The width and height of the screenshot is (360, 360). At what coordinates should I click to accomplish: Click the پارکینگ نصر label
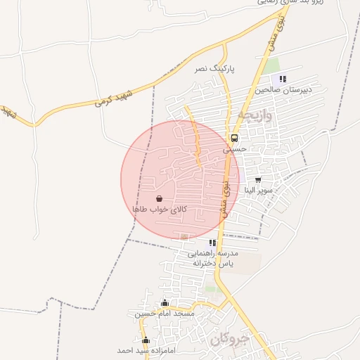[x=212, y=69]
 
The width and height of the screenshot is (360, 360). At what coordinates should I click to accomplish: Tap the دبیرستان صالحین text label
[x=282, y=90]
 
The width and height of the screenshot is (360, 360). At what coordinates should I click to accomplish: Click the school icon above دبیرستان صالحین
[x=283, y=79]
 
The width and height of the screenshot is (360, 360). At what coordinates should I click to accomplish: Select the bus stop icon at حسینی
[x=234, y=138]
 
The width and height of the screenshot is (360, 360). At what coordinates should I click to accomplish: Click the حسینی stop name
[x=236, y=149]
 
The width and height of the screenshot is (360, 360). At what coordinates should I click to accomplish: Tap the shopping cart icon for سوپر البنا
[x=258, y=179]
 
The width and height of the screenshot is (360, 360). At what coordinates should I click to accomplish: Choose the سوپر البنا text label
[x=258, y=191]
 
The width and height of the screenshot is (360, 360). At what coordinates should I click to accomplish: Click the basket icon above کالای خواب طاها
[x=158, y=199]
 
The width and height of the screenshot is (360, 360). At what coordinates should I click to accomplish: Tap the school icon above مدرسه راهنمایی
[x=212, y=243]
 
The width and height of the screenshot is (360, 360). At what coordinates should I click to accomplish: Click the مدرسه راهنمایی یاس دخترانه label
[x=213, y=258]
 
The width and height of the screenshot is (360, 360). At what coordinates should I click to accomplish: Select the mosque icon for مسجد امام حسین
[x=165, y=303]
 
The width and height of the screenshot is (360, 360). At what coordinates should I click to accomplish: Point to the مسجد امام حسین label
[x=164, y=314]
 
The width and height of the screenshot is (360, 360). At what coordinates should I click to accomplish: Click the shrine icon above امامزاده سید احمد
[x=146, y=340]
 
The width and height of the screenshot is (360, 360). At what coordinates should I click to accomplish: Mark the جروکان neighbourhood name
[x=229, y=338]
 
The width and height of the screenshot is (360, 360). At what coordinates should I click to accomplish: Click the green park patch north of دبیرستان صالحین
[x=272, y=65]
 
